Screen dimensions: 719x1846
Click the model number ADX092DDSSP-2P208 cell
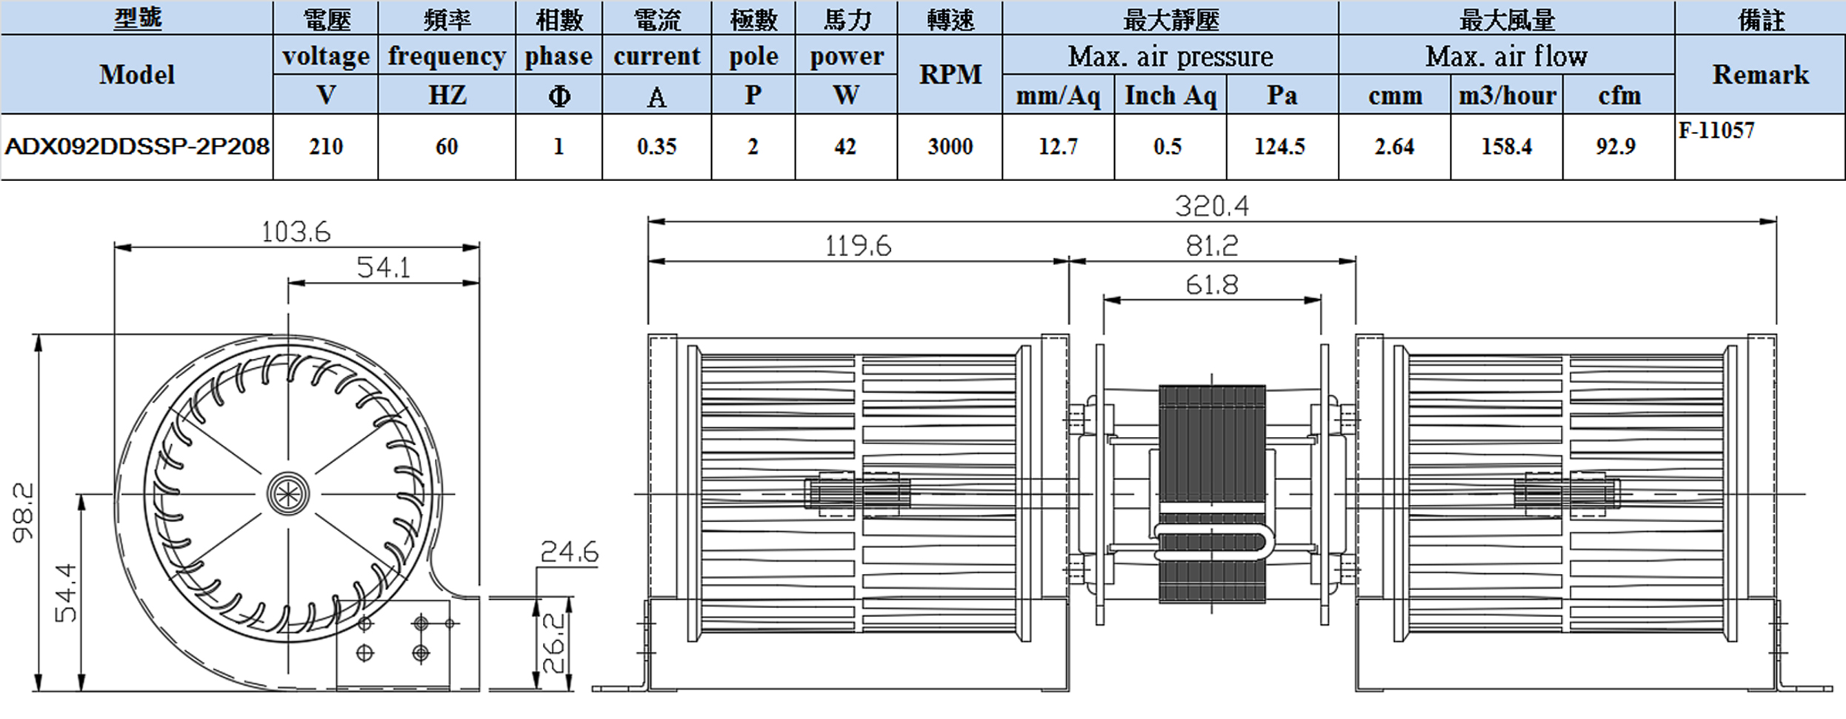[137, 147]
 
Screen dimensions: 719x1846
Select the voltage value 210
[326, 147]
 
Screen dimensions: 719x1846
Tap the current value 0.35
[656, 147]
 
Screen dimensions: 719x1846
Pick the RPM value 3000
[950, 147]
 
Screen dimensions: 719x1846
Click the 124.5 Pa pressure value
[1279, 147]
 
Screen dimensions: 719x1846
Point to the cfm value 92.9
[1616, 147]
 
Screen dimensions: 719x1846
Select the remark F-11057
[1716, 131]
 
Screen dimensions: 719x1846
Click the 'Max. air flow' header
[1506, 56]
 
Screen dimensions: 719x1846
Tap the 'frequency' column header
[447, 56]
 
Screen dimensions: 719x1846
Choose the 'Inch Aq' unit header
[1170, 96]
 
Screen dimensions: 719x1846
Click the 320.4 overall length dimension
[1212, 206]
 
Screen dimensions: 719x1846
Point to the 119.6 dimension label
[858, 246]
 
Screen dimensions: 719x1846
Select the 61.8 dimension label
[1212, 285]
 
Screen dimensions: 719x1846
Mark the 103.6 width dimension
[296, 233]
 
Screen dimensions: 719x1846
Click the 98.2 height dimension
[24, 512]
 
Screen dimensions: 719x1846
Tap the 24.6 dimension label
[569, 552]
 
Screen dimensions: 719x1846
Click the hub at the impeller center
[287, 493]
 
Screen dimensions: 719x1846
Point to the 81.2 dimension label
[1212, 246]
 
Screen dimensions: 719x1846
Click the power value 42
[845, 147]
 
